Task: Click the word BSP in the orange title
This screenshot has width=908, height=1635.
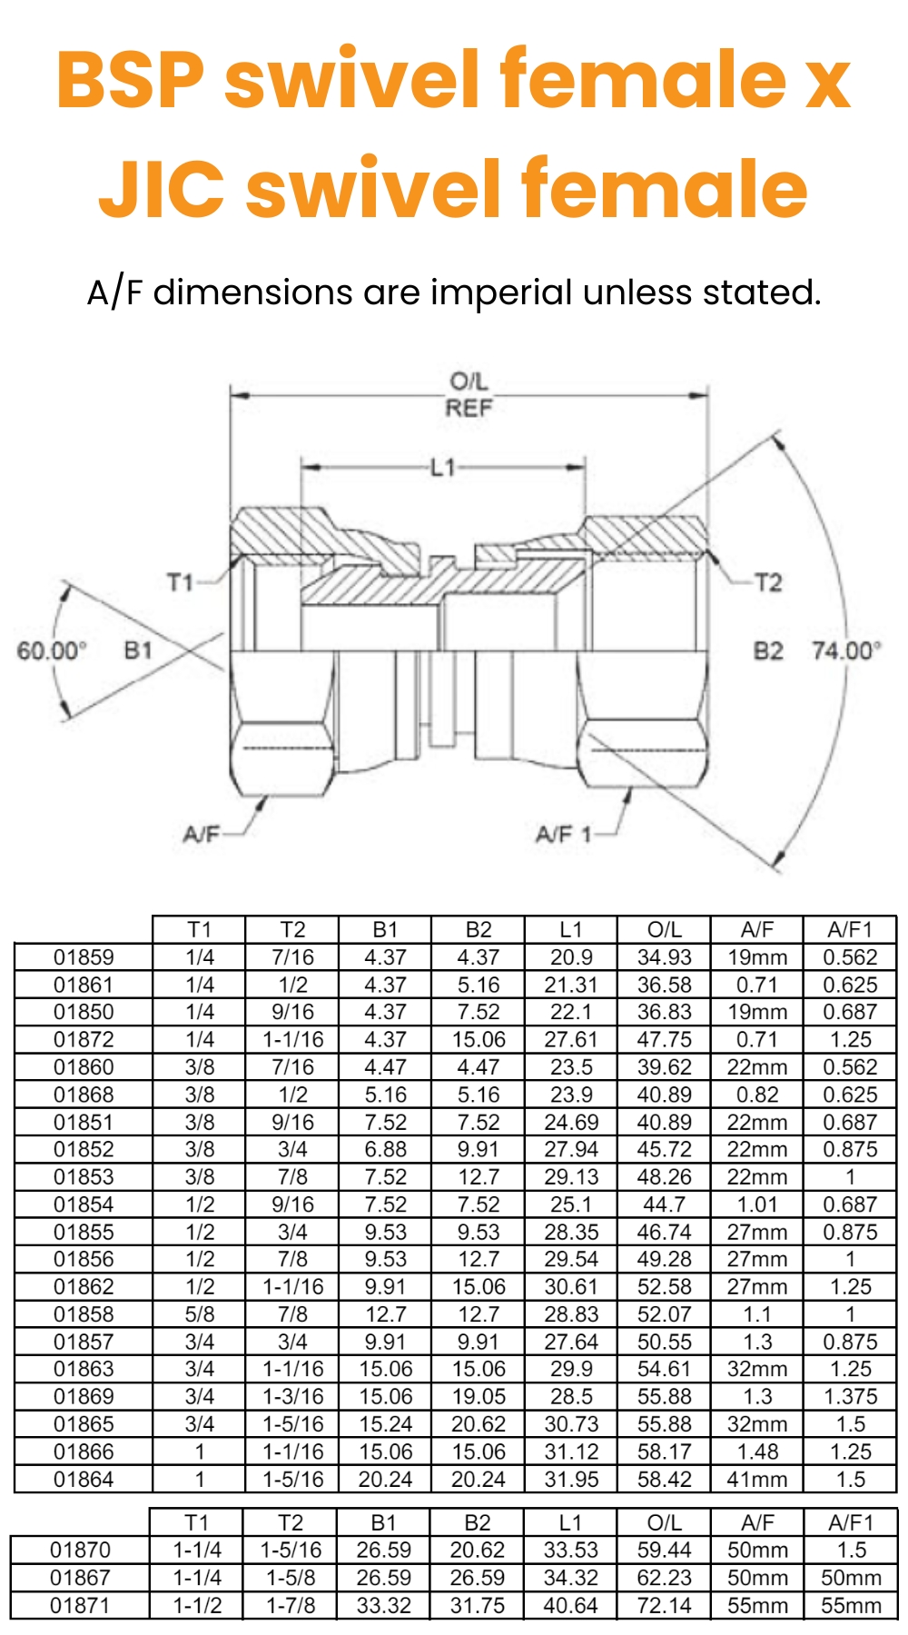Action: click(132, 80)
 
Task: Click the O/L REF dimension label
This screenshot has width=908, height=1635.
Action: click(469, 394)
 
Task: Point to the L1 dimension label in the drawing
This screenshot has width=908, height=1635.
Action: click(443, 468)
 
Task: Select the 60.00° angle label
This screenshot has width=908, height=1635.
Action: click(52, 650)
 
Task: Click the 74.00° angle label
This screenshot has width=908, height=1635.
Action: click(846, 650)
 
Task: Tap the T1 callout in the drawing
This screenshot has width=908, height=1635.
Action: click(180, 581)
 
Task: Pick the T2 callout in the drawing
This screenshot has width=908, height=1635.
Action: click(768, 581)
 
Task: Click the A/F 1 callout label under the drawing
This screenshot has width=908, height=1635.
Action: click(563, 834)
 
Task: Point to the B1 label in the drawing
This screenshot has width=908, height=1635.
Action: click(138, 650)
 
